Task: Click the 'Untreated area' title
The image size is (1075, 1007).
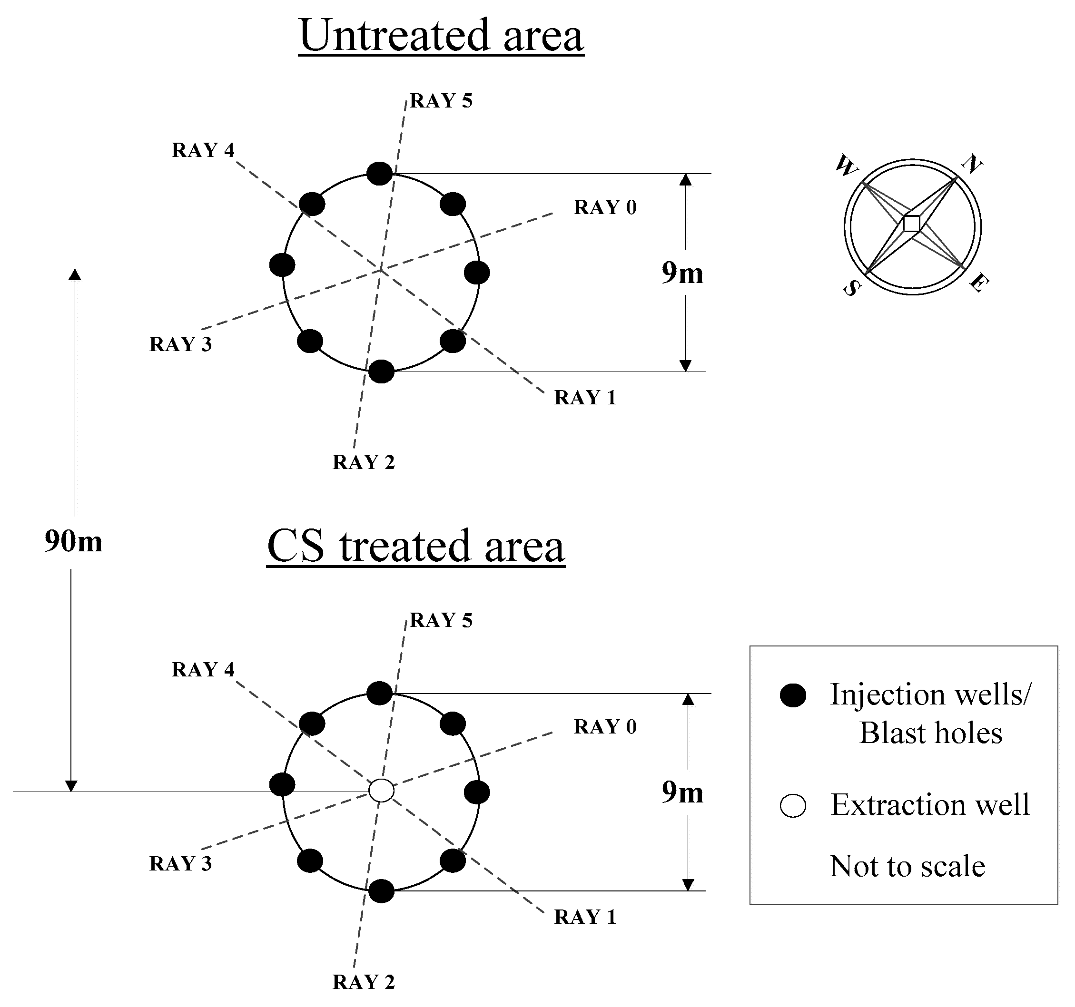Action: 441,36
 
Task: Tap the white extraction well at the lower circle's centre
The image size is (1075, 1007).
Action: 381,790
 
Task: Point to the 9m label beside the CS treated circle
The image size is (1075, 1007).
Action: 682,792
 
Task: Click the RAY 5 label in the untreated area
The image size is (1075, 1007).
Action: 441,101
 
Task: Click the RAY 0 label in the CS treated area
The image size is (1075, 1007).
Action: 605,726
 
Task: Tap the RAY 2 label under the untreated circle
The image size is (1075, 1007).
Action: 364,462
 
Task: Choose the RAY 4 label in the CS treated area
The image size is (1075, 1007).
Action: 203,669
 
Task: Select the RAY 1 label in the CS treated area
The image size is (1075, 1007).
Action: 585,917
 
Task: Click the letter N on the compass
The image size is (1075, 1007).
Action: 972,164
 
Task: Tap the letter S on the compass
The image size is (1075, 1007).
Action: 851,289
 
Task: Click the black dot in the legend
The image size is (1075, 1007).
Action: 793,695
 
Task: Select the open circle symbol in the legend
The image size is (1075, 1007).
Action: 793,805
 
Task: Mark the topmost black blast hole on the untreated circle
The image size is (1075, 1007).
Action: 380,174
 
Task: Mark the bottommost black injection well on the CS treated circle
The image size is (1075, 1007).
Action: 381,891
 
